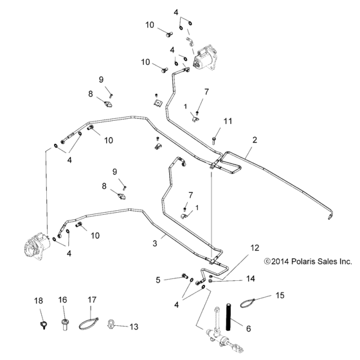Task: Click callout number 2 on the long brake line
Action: [255, 139]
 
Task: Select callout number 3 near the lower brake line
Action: [154, 244]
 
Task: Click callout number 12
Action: [255, 248]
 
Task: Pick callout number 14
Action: [251, 278]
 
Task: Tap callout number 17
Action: [92, 300]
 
